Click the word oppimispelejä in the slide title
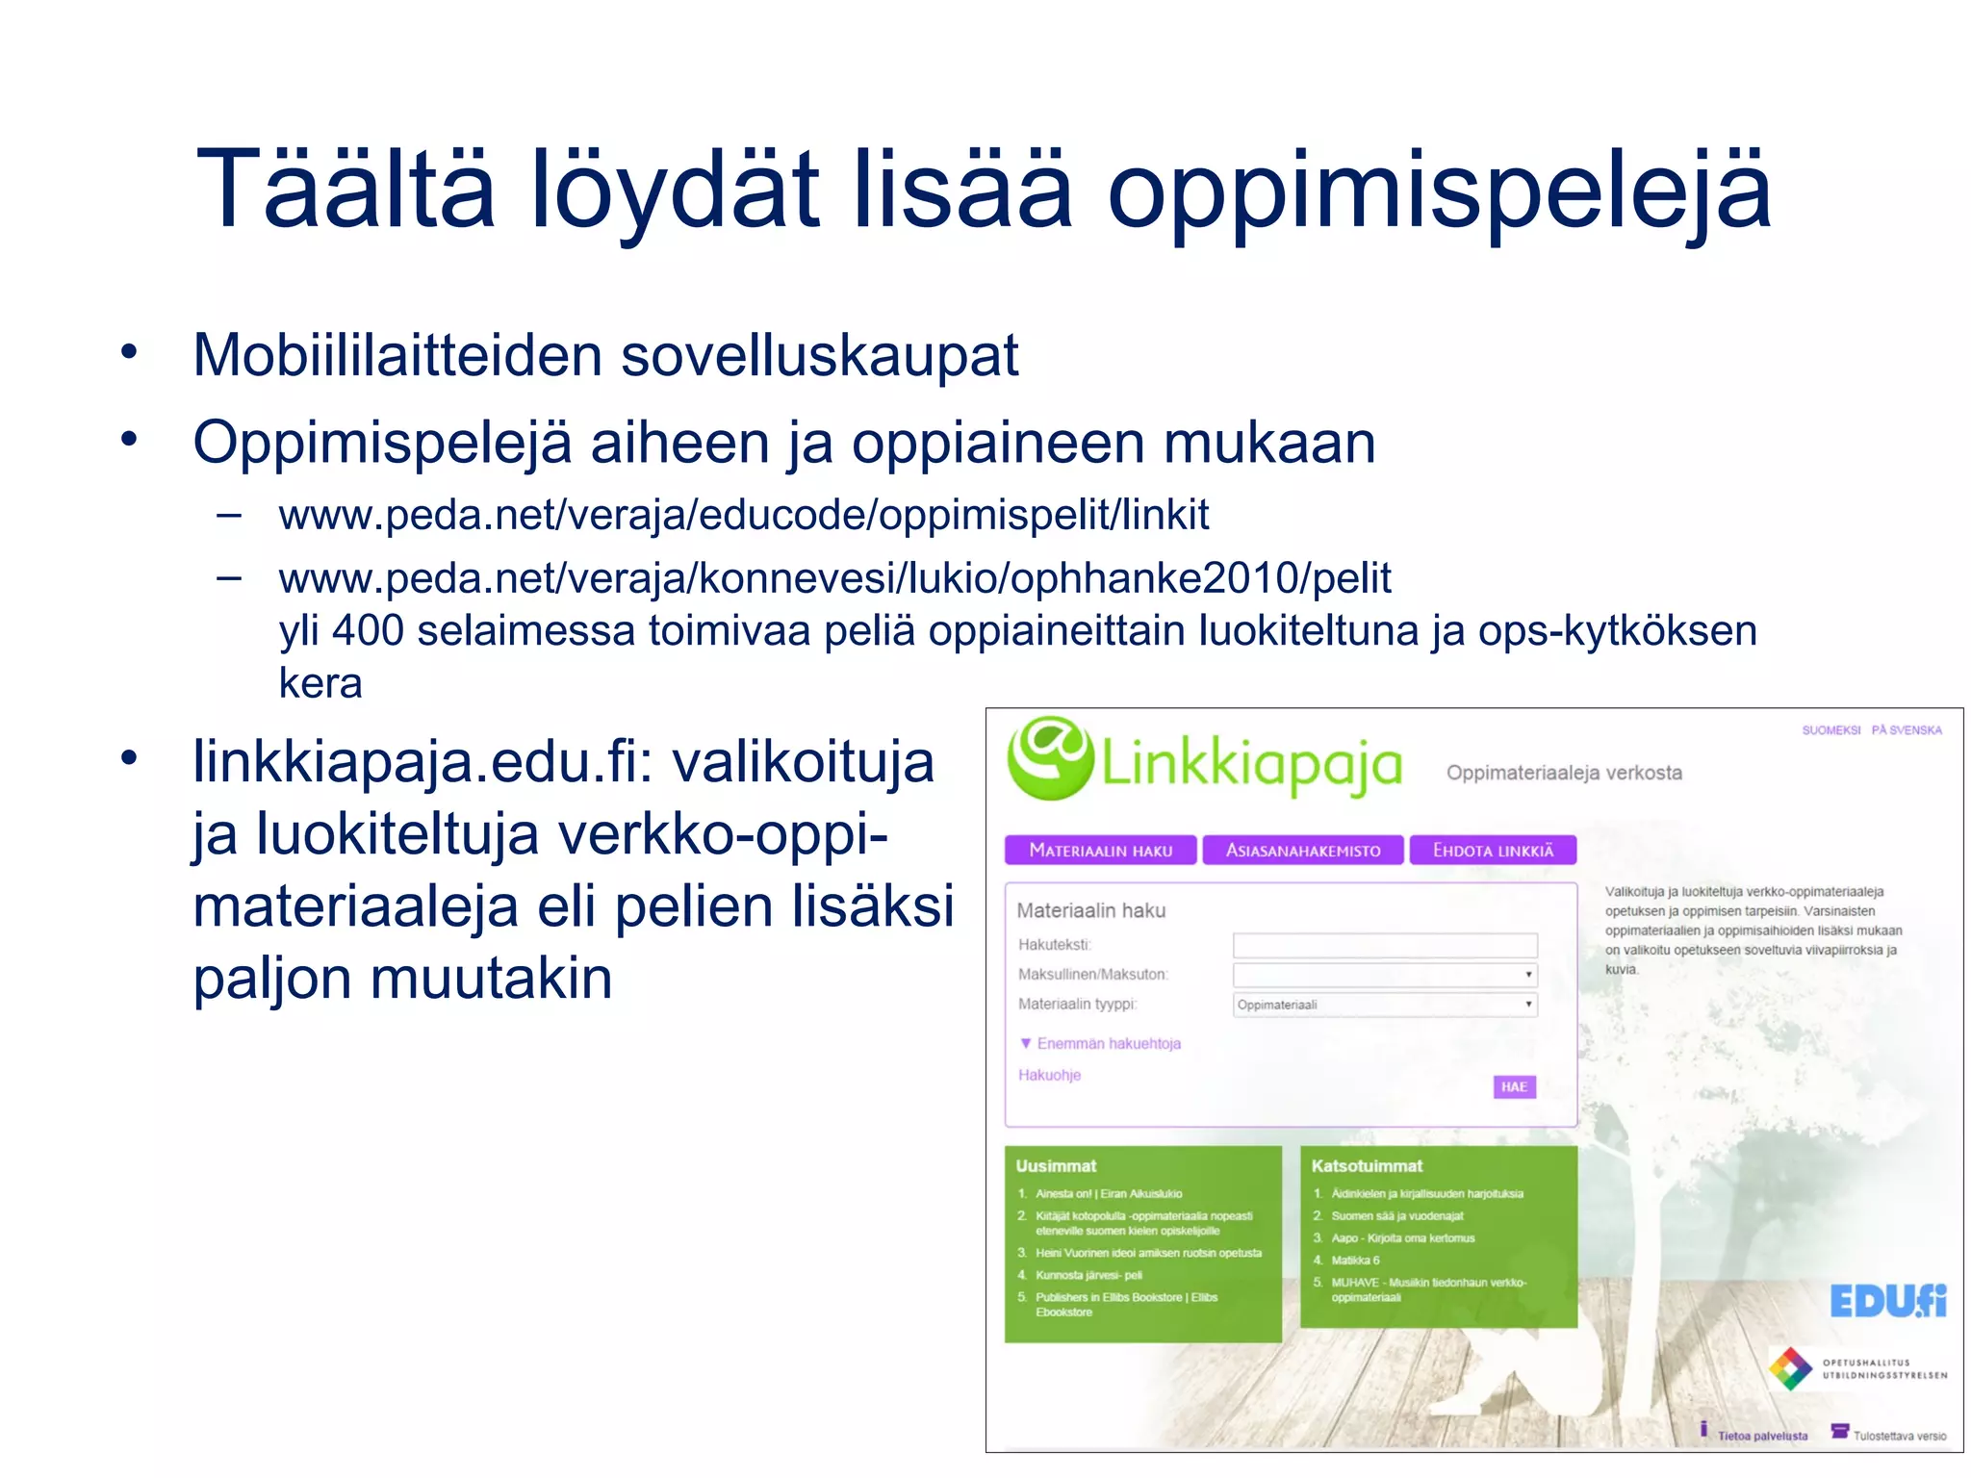(x=1439, y=191)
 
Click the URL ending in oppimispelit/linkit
(x=743, y=515)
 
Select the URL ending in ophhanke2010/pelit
(x=834, y=578)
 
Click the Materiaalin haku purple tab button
(x=1100, y=850)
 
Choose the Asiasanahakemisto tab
(x=1302, y=850)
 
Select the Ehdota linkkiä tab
(x=1493, y=850)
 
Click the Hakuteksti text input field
(x=1384, y=945)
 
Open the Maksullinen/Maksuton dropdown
(x=1384, y=975)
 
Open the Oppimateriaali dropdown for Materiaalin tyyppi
(x=1384, y=1005)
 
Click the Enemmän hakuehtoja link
(x=1108, y=1044)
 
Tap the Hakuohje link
(x=1049, y=1075)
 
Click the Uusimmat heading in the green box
(x=1056, y=1165)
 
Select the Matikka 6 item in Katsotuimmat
(x=1355, y=1260)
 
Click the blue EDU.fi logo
(x=1887, y=1301)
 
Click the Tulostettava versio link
(x=1899, y=1436)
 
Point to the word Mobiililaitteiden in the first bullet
(x=397, y=355)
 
